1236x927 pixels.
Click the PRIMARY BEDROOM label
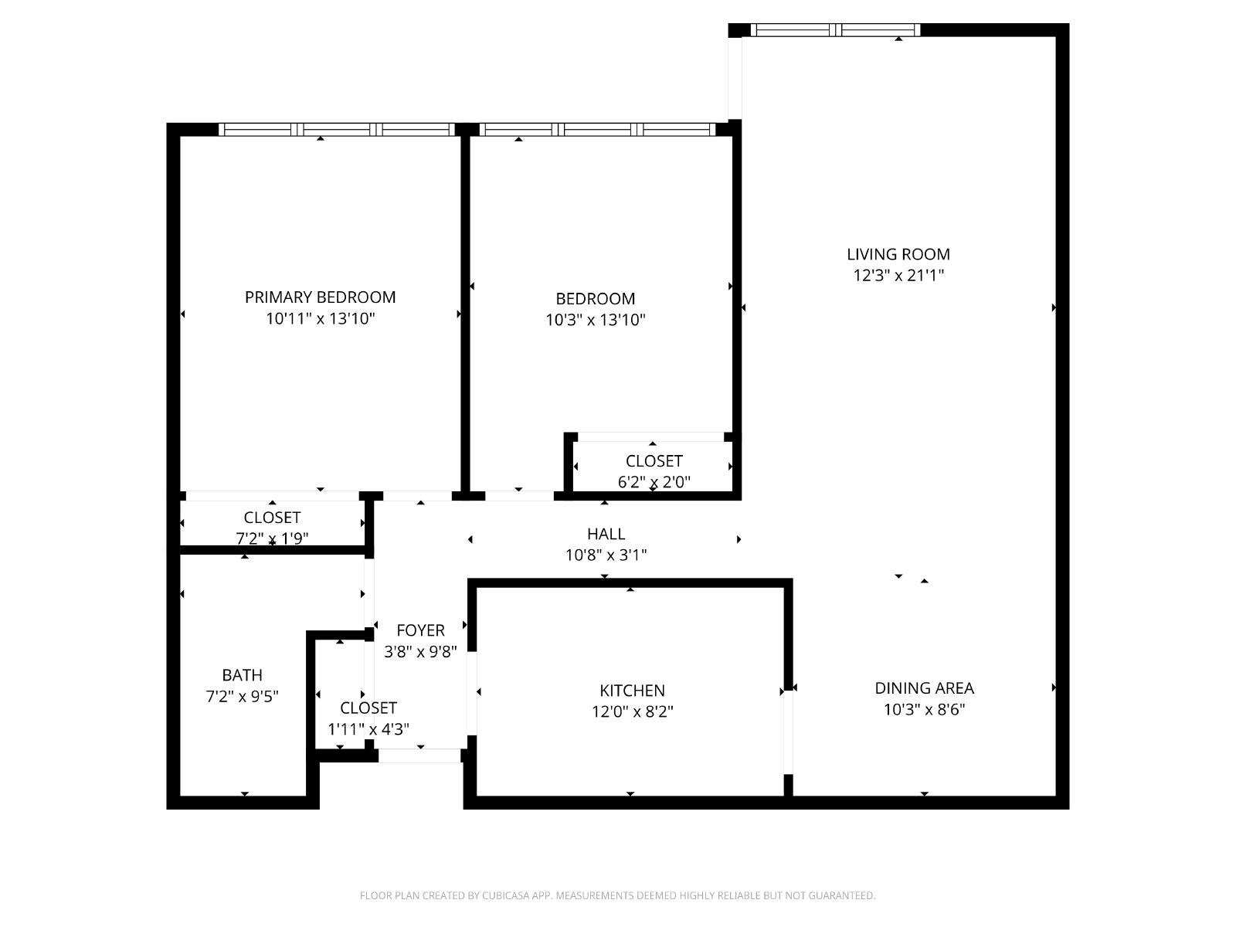(320, 297)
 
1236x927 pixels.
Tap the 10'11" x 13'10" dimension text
(320, 318)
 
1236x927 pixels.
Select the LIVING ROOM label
(898, 254)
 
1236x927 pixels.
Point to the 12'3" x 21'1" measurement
(898, 275)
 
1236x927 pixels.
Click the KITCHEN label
(632, 690)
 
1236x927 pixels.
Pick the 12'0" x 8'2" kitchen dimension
(632, 711)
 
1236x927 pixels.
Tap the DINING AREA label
(924, 688)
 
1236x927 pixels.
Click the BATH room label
(242, 675)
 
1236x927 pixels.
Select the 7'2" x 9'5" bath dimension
(242, 696)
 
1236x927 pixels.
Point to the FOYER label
(420, 630)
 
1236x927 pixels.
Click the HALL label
(606, 534)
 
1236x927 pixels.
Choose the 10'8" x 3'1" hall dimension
(606, 555)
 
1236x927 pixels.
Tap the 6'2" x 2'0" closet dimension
(654, 482)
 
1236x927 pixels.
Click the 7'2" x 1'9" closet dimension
(272, 538)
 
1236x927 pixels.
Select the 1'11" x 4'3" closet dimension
(368, 729)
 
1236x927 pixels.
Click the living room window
(835, 30)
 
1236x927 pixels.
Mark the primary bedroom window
(337, 130)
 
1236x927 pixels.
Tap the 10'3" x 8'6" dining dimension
(924, 709)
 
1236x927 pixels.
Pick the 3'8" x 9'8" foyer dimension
(420, 651)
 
